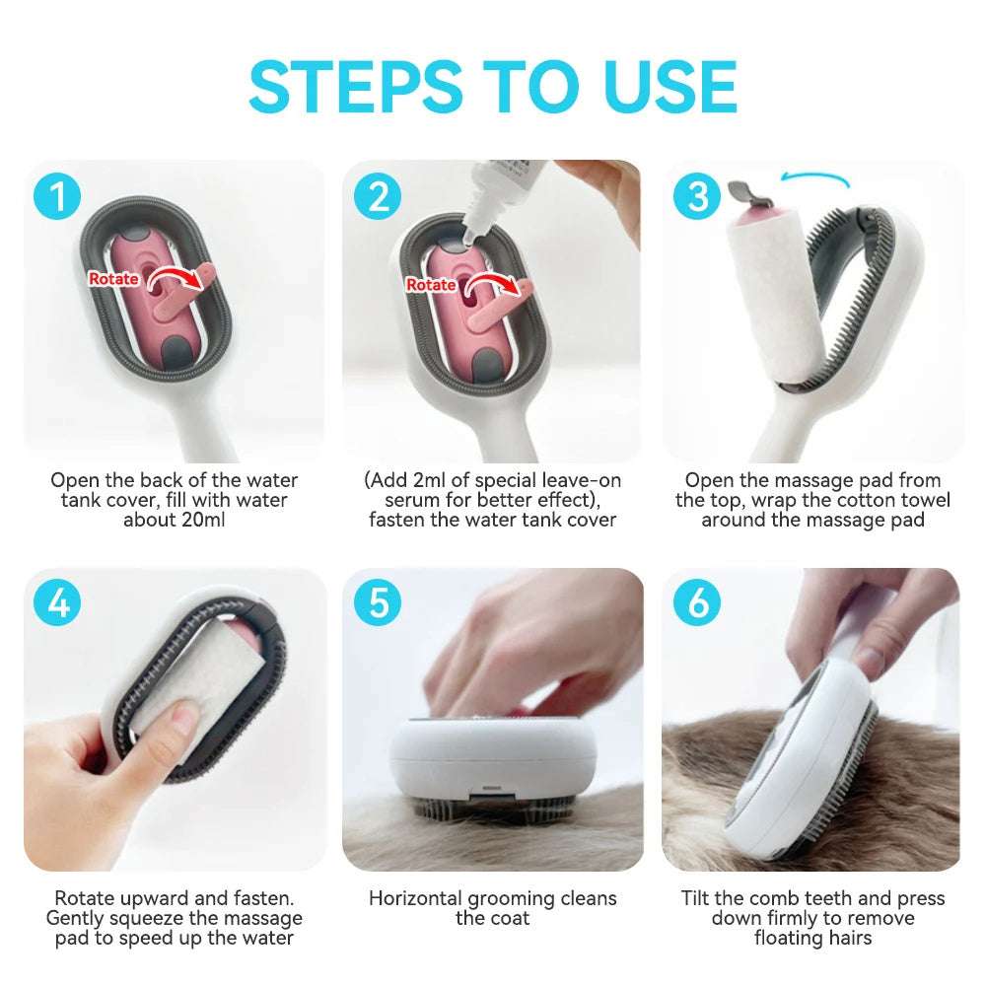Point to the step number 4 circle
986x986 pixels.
(59, 602)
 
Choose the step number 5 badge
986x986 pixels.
(379, 602)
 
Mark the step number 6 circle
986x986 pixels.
(698, 602)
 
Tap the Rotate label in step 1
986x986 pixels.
(113, 279)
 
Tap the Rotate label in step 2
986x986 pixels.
(431, 285)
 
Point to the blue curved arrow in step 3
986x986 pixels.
(813, 177)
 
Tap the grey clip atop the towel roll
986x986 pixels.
(742, 189)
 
